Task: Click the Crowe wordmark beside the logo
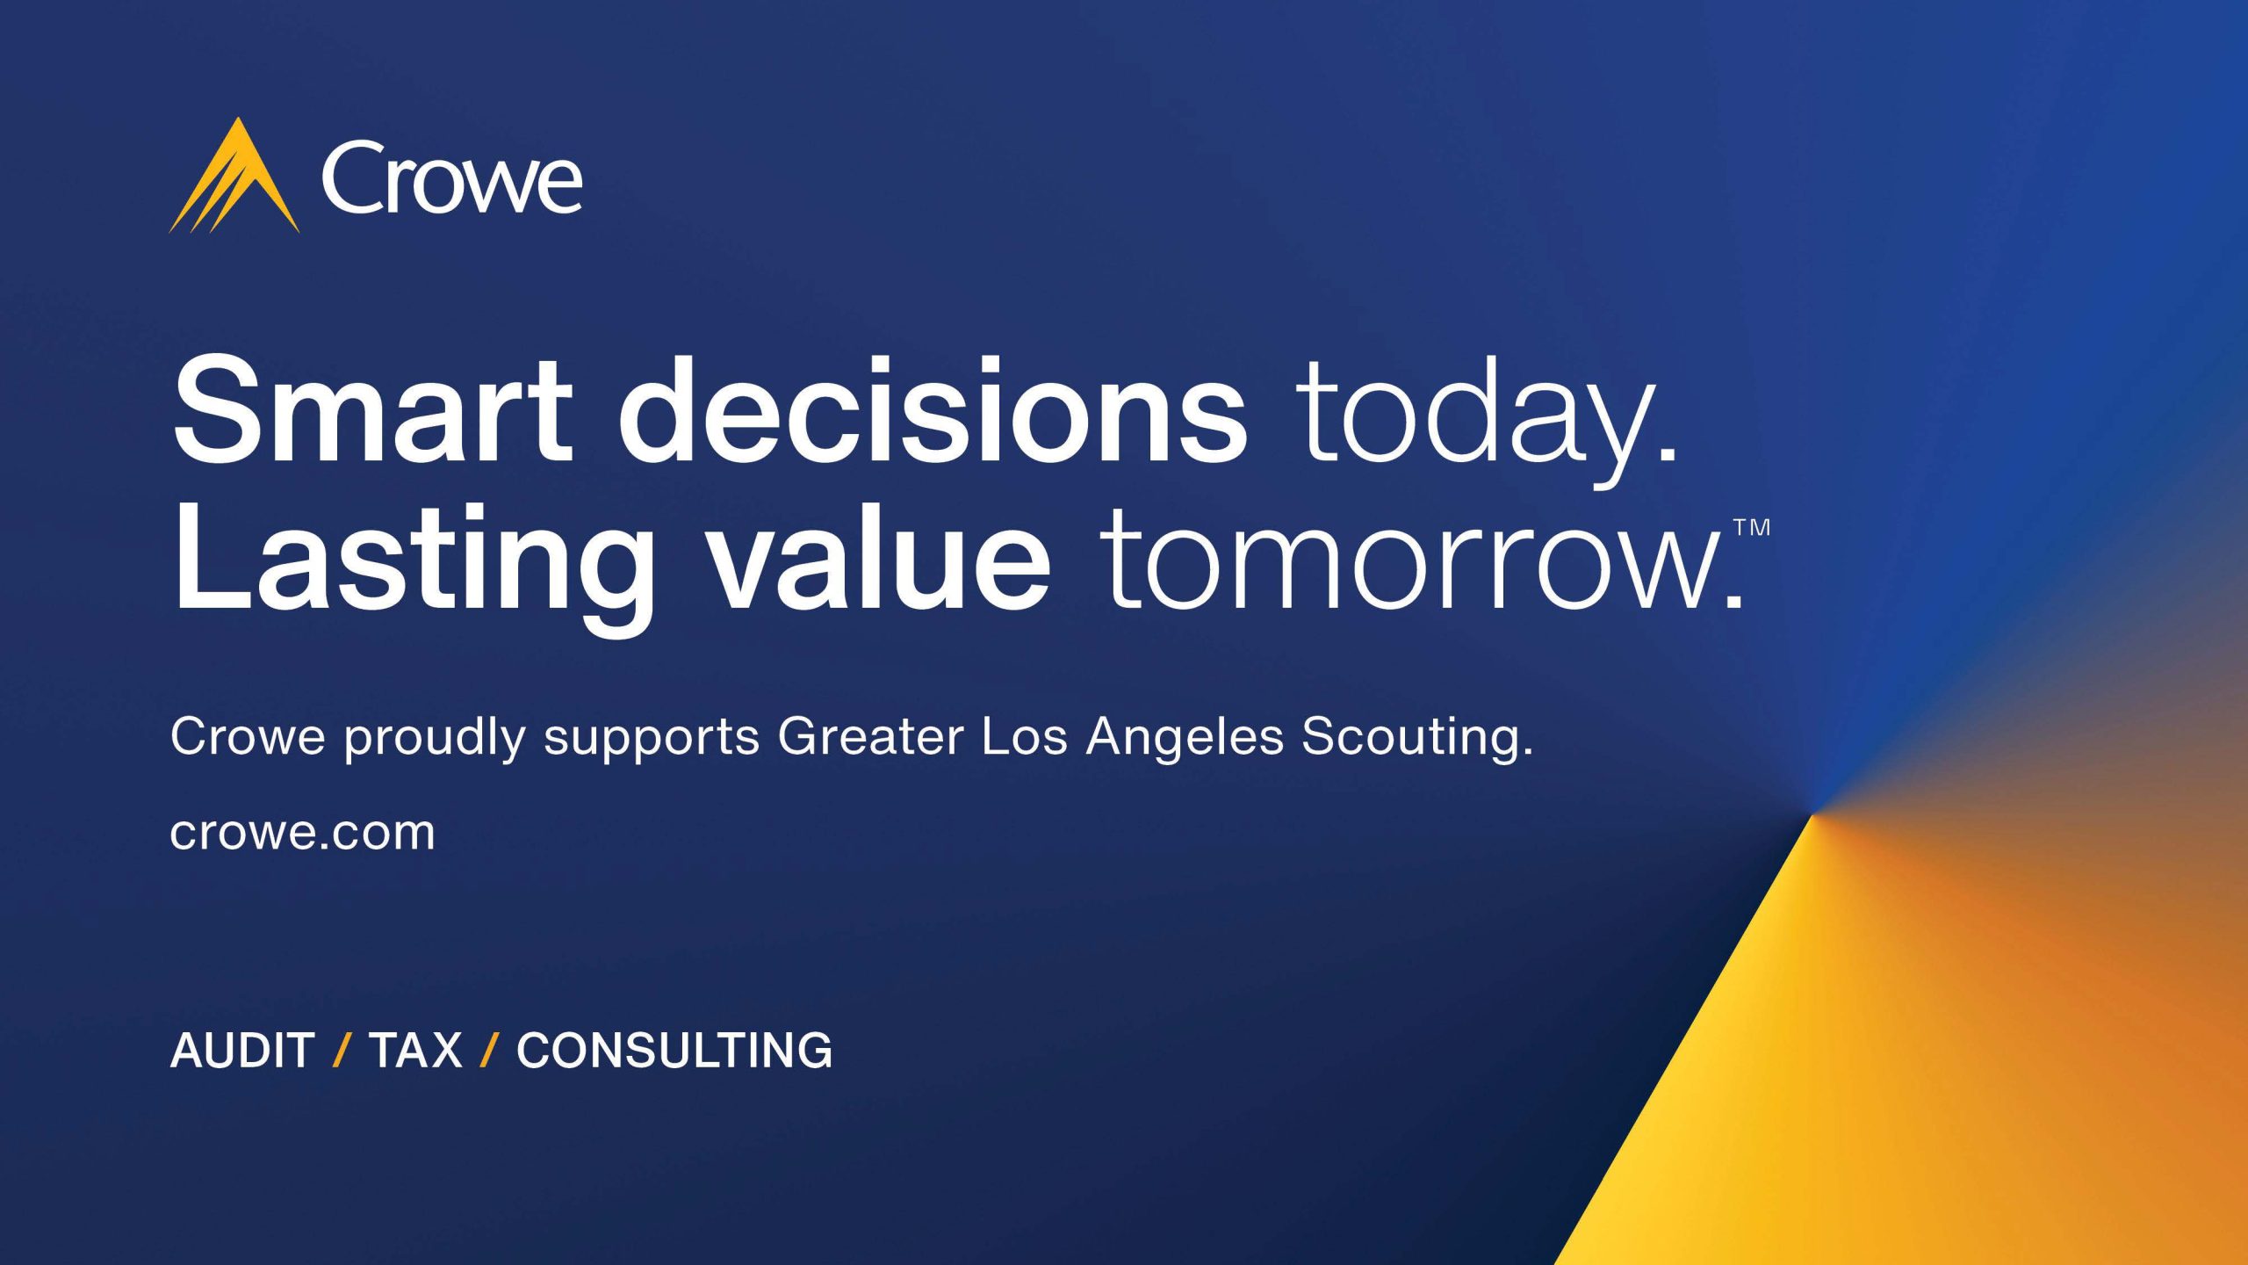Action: point(451,179)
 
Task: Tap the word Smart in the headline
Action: point(373,410)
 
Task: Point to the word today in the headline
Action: point(1488,422)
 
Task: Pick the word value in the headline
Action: point(881,557)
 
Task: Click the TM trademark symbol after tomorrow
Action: point(1751,527)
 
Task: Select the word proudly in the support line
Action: point(435,738)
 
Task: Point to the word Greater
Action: point(870,736)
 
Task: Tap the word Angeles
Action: point(1185,739)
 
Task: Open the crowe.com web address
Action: point(302,833)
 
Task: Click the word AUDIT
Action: point(242,1050)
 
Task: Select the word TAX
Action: point(415,1050)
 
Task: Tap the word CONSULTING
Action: point(674,1050)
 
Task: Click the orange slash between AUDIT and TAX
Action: point(342,1050)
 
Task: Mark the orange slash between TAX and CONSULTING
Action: point(490,1050)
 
